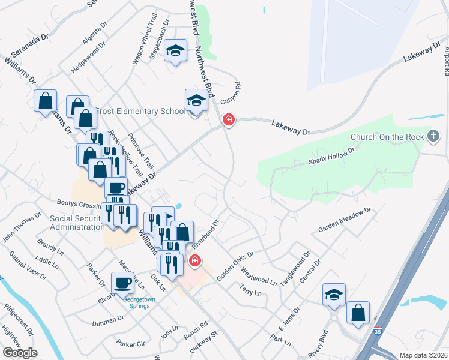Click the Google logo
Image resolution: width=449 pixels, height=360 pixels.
(x=19, y=352)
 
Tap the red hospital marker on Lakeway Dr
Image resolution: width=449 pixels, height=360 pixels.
(x=228, y=120)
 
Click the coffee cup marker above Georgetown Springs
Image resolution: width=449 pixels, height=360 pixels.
(x=122, y=281)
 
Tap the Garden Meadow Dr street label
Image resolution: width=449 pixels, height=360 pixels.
(x=345, y=220)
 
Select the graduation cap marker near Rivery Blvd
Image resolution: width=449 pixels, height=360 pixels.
(x=334, y=295)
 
